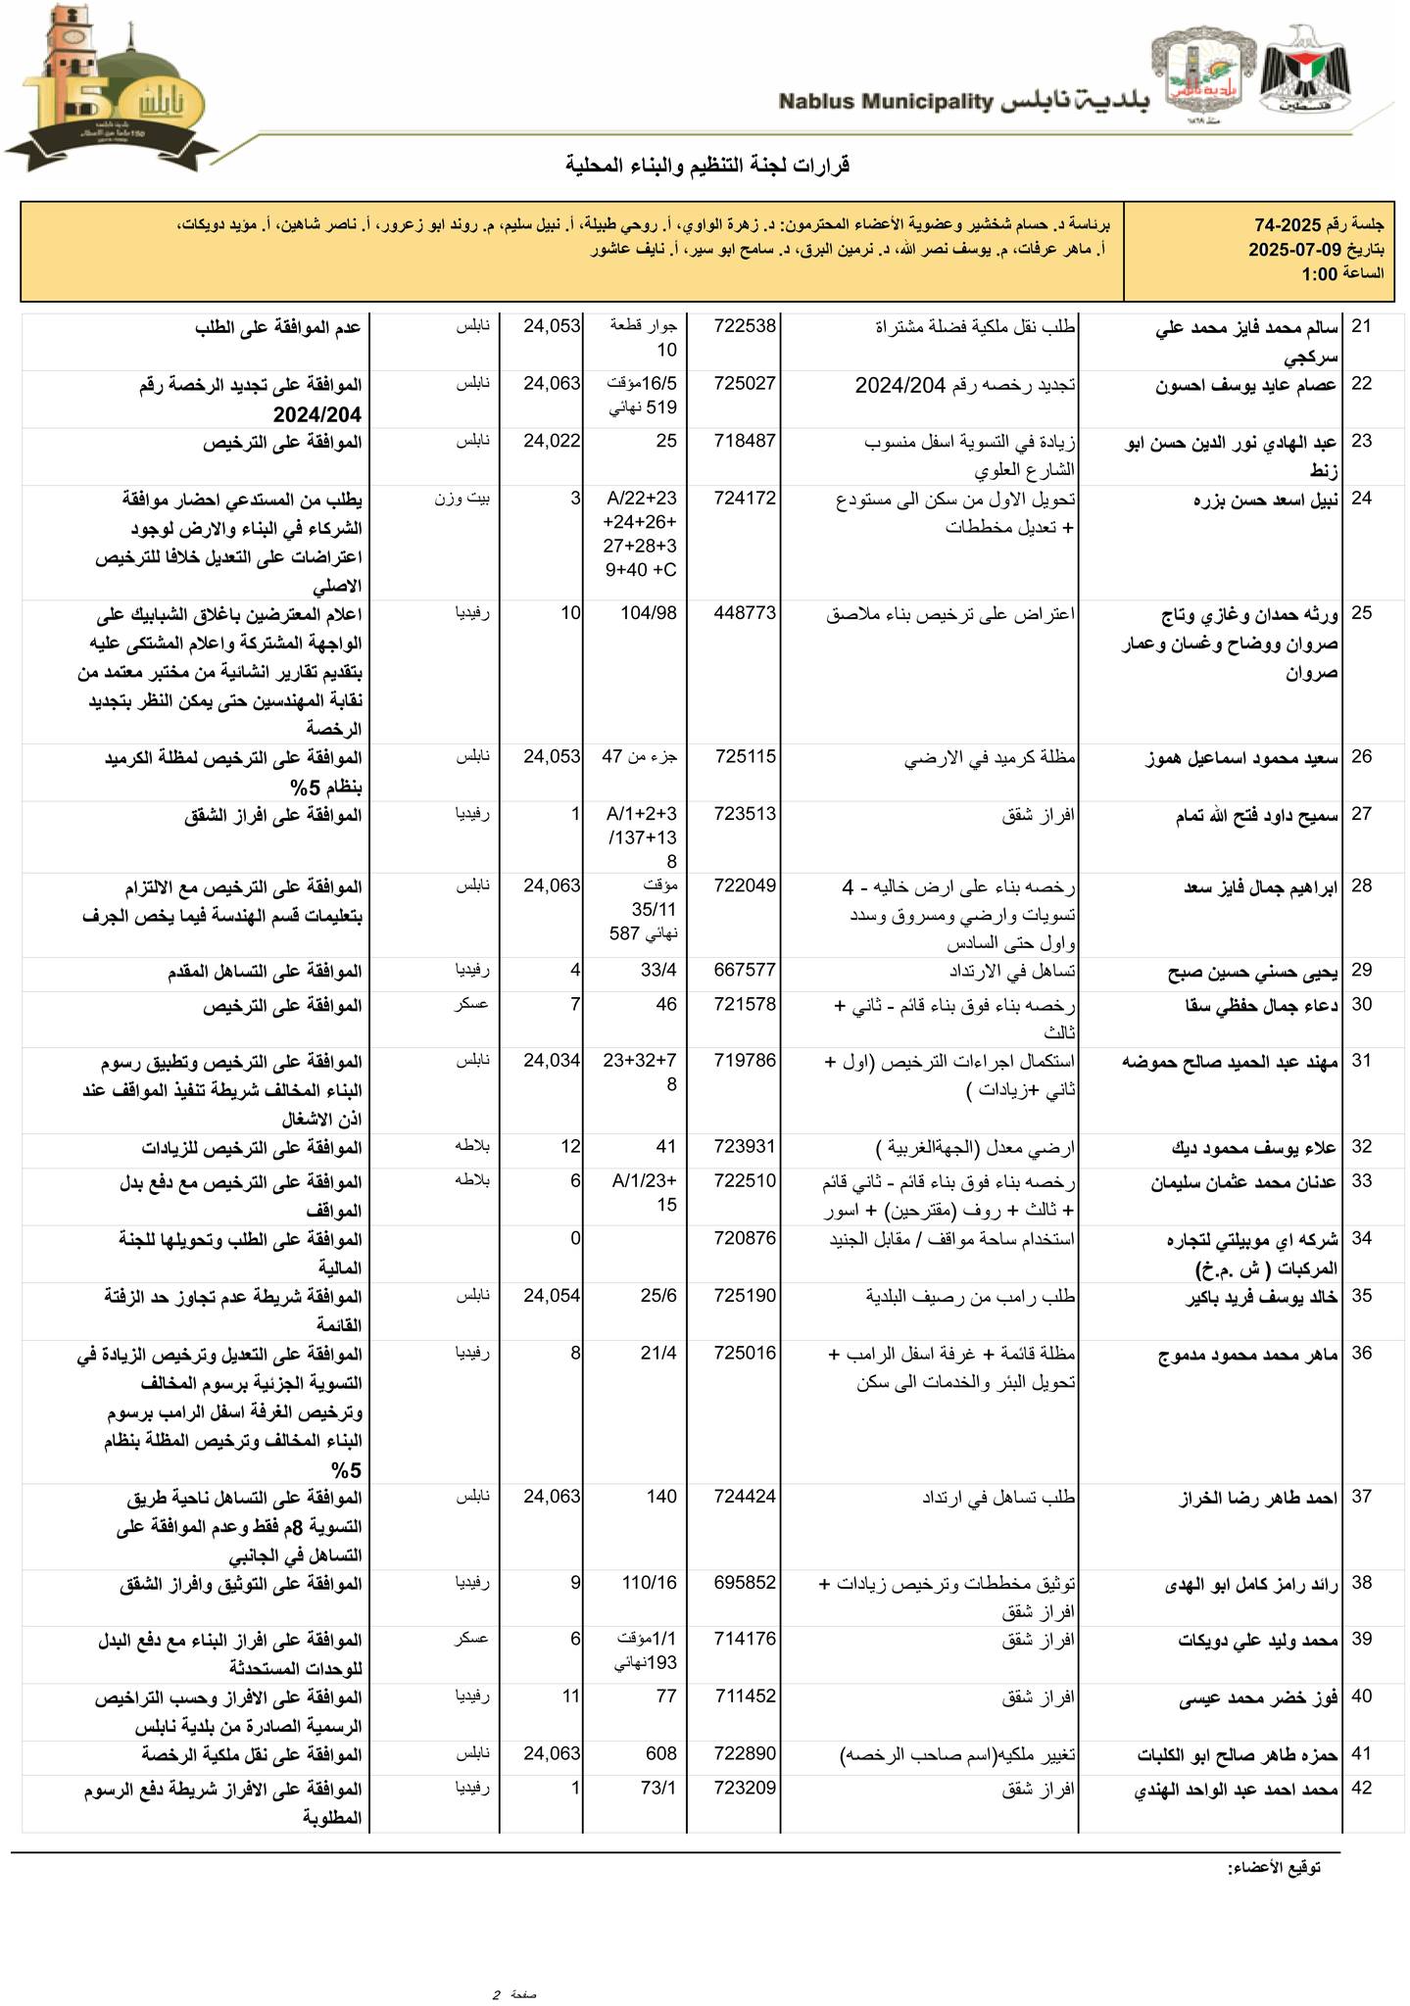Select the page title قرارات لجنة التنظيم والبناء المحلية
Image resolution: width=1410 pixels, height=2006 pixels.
pos(707,165)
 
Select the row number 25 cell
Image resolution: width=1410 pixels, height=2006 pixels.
pos(1361,613)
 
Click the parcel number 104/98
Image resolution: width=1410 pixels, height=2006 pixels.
pos(649,613)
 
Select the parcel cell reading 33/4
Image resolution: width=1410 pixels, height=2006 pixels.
pos(659,971)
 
